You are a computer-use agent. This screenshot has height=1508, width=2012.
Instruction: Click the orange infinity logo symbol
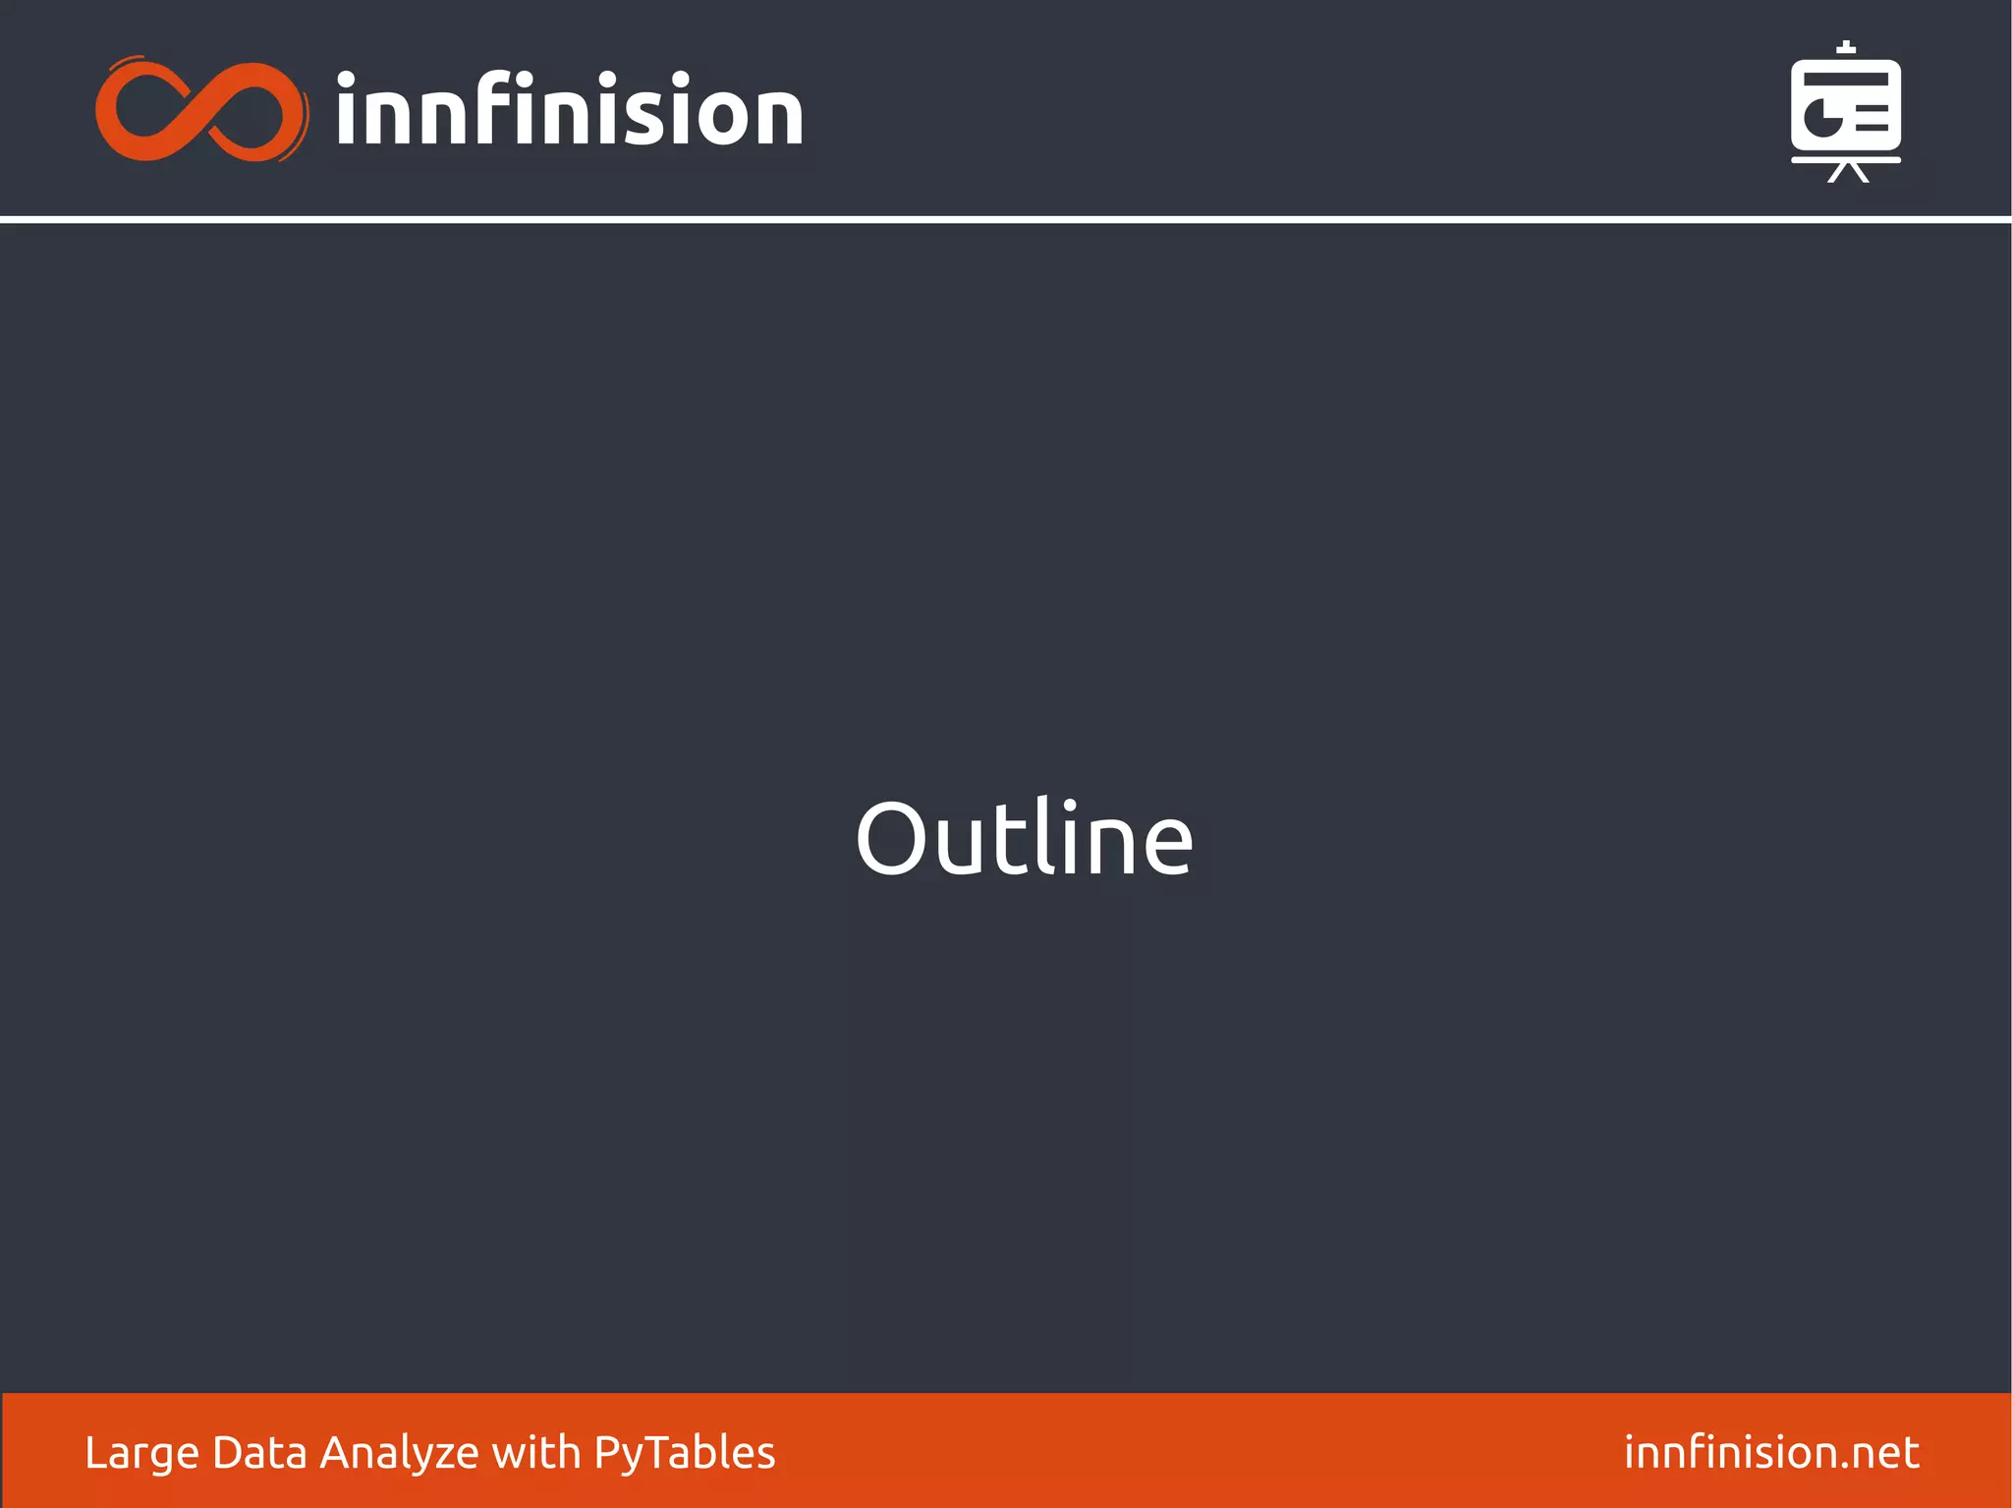point(200,110)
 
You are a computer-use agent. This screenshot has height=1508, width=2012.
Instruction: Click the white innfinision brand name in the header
point(569,110)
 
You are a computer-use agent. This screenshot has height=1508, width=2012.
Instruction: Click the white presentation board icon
point(1845,110)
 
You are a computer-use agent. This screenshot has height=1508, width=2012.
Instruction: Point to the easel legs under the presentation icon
point(1847,173)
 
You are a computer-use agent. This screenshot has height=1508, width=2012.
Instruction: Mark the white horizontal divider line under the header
point(1006,219)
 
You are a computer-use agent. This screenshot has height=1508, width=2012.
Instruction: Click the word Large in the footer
point(141,1453)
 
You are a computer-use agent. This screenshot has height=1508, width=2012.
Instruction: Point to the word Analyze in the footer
point(399,1453)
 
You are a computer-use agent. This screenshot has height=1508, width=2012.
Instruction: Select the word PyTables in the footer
point(685,1453)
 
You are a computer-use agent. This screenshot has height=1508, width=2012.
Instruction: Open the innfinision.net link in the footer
point(1770,1452)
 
